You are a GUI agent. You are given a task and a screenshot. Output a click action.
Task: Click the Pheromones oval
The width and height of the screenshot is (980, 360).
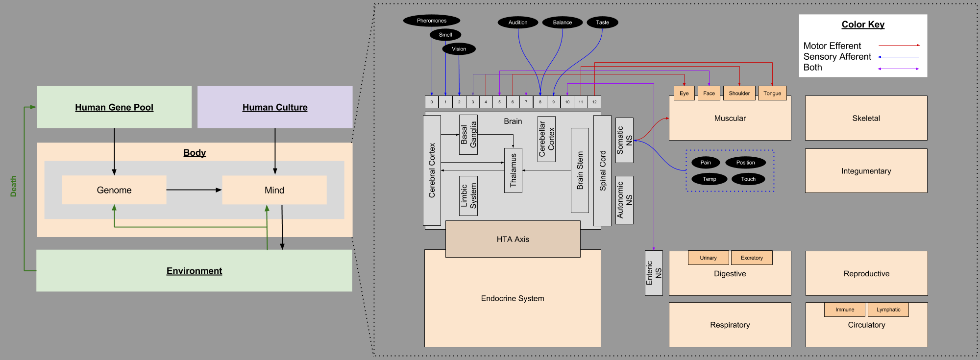[431, 21]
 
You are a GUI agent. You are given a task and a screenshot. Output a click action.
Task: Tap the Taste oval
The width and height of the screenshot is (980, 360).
[602, 23]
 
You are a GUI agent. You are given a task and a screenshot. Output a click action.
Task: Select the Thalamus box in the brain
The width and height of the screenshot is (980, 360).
[513, 170]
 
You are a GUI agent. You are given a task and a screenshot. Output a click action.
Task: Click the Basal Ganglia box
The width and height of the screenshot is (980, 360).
[468, 135]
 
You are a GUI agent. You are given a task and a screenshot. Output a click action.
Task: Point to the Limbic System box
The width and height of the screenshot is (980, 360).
[468, 196]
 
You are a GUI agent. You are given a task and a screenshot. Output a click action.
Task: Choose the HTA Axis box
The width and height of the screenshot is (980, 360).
[513, 239]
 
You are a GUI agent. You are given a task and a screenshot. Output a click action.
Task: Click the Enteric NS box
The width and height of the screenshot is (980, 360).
[654, 273]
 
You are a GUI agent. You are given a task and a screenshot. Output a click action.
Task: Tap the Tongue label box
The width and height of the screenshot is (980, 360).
[772, 93]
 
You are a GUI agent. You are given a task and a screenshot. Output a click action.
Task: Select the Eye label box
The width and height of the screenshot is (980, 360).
[684, 93]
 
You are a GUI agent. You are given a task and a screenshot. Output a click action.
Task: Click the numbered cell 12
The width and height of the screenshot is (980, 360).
[594, 102]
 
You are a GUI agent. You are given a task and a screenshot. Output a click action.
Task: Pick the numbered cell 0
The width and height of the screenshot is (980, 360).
[432, 102]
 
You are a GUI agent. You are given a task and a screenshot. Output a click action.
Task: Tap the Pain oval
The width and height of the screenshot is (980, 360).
[706, 163]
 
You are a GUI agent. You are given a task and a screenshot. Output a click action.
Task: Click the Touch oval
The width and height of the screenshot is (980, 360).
[748, 179]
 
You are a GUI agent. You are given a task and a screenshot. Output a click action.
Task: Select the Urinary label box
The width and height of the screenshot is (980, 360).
[708, 258]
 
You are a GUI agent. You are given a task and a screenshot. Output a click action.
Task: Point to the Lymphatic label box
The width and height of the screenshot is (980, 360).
[888, 310]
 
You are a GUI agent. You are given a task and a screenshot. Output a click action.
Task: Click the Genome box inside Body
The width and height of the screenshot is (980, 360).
[114, 190]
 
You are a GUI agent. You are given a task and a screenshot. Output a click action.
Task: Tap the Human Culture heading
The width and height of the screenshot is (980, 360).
[275, 107]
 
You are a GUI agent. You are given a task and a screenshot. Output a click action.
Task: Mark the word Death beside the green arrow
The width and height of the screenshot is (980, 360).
[14, 186]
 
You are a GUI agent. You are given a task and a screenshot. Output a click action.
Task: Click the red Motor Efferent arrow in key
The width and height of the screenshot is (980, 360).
[899, 45]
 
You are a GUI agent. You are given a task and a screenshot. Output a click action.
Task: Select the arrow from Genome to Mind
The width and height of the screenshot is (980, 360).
[194, 190]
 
